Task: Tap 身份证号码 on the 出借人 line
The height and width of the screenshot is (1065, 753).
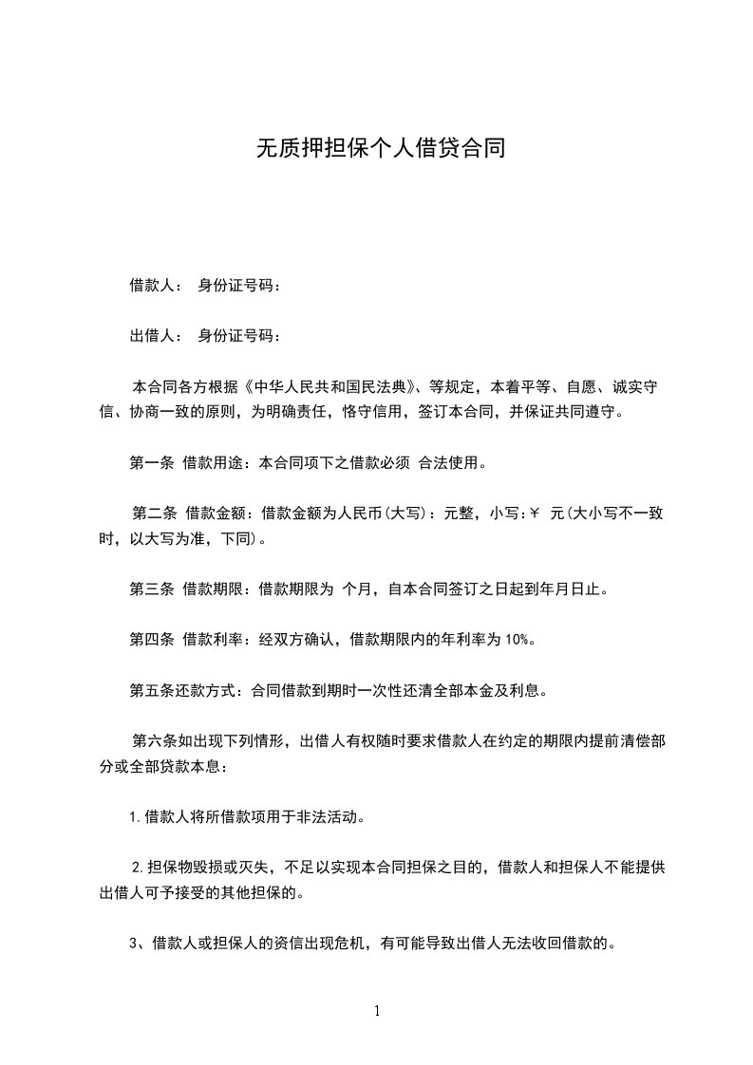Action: tap(237, 335)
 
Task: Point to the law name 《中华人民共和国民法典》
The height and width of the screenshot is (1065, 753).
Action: tap(330, 387)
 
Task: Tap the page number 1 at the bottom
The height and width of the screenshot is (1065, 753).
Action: tap(377, 1011)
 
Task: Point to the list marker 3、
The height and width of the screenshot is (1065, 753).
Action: tap(137, 944)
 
